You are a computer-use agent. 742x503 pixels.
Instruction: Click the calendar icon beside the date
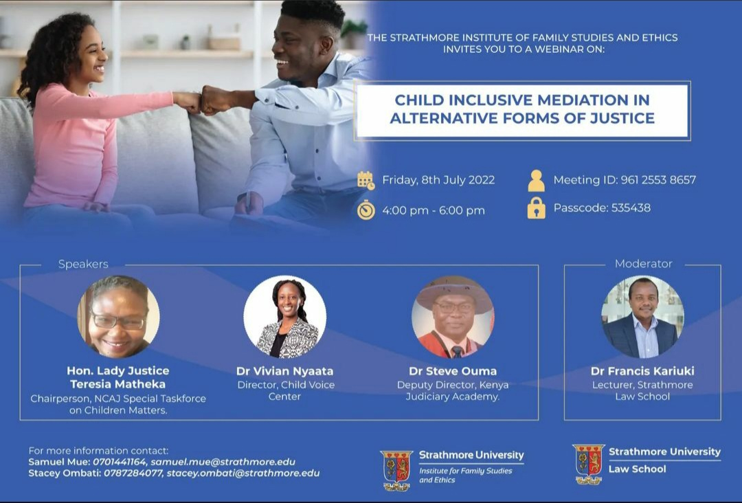click(x=366, y=180)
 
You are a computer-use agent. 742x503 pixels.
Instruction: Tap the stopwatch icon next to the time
click(x=366, y=210)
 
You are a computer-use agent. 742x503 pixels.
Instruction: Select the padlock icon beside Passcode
click(x=536, y=208)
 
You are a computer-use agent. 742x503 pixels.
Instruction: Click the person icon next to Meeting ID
click(x=536, y=180)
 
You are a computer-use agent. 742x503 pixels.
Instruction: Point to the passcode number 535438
click(x=631, y=208)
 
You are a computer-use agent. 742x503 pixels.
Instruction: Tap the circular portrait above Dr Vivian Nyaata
click(x=285, y=317)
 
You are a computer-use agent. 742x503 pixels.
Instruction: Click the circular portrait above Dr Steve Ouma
click(x=453, y=317)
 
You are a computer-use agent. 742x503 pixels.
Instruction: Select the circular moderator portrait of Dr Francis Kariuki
click(x=642, y=317)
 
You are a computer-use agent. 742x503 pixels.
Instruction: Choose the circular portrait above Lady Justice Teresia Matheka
click(x=118, y=317)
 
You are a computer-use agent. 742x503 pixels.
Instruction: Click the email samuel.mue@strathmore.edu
click(x=223, y=462)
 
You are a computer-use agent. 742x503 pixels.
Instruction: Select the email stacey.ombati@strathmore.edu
click(x=243, y=473)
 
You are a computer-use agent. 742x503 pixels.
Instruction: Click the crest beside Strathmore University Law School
click(x=588, y=465)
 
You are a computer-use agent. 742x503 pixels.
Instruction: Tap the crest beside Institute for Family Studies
click(x=396, y=470)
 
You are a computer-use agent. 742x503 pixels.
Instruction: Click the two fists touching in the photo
click(x=203, y=102)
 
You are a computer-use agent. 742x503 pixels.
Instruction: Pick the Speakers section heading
click(x=83, y=264)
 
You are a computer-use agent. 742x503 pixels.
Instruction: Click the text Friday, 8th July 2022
click(x=438, y=180)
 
